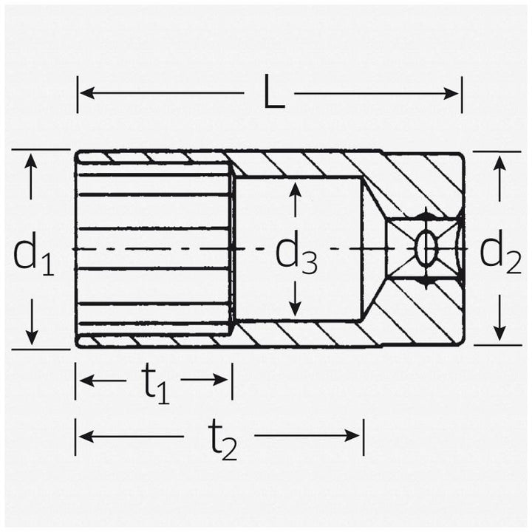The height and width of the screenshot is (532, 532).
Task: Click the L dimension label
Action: pos(273,95)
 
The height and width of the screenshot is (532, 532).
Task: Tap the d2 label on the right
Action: pos(501,253)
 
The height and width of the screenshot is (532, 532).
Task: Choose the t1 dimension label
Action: pos(155,384)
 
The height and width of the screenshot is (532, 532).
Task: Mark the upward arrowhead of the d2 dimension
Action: pos(500,162)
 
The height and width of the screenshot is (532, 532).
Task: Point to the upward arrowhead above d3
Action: pos(295,188)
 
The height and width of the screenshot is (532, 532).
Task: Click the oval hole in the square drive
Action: pos(426,249)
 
